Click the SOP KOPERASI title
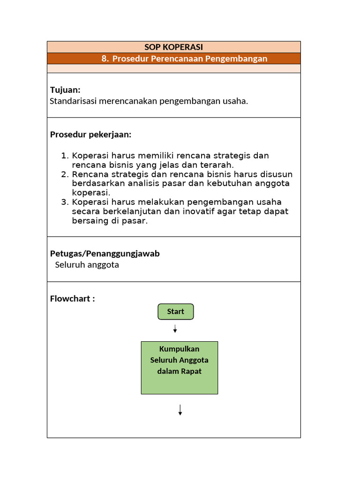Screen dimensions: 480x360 click(x=173, y=47)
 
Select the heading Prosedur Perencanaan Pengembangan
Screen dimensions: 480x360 click(x=190, y=59)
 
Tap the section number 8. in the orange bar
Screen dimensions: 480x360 click(x=105, y=59)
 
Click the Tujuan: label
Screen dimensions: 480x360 click(x=65, y=90)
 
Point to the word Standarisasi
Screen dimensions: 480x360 click(x=72, y=101)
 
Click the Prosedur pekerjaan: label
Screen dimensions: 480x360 click(x=90, y=135)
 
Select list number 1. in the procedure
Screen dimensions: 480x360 click(x=65, y=156)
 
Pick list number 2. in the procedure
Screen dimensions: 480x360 click(x=65, y=174)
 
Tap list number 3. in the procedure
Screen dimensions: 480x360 click(x=65, y=202)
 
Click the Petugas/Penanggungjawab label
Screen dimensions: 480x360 click(x=105, y=254)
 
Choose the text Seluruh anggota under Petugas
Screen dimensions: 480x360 click(x=87, y=265)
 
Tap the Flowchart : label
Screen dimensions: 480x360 click(x=72, y=299)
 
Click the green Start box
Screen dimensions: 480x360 click(x=175, y=312)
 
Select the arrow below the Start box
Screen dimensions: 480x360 click(x=175, y=329)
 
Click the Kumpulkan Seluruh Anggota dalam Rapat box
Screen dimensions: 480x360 click(x=179, y=367)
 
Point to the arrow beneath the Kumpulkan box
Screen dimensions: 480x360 click(x=180, y=410)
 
